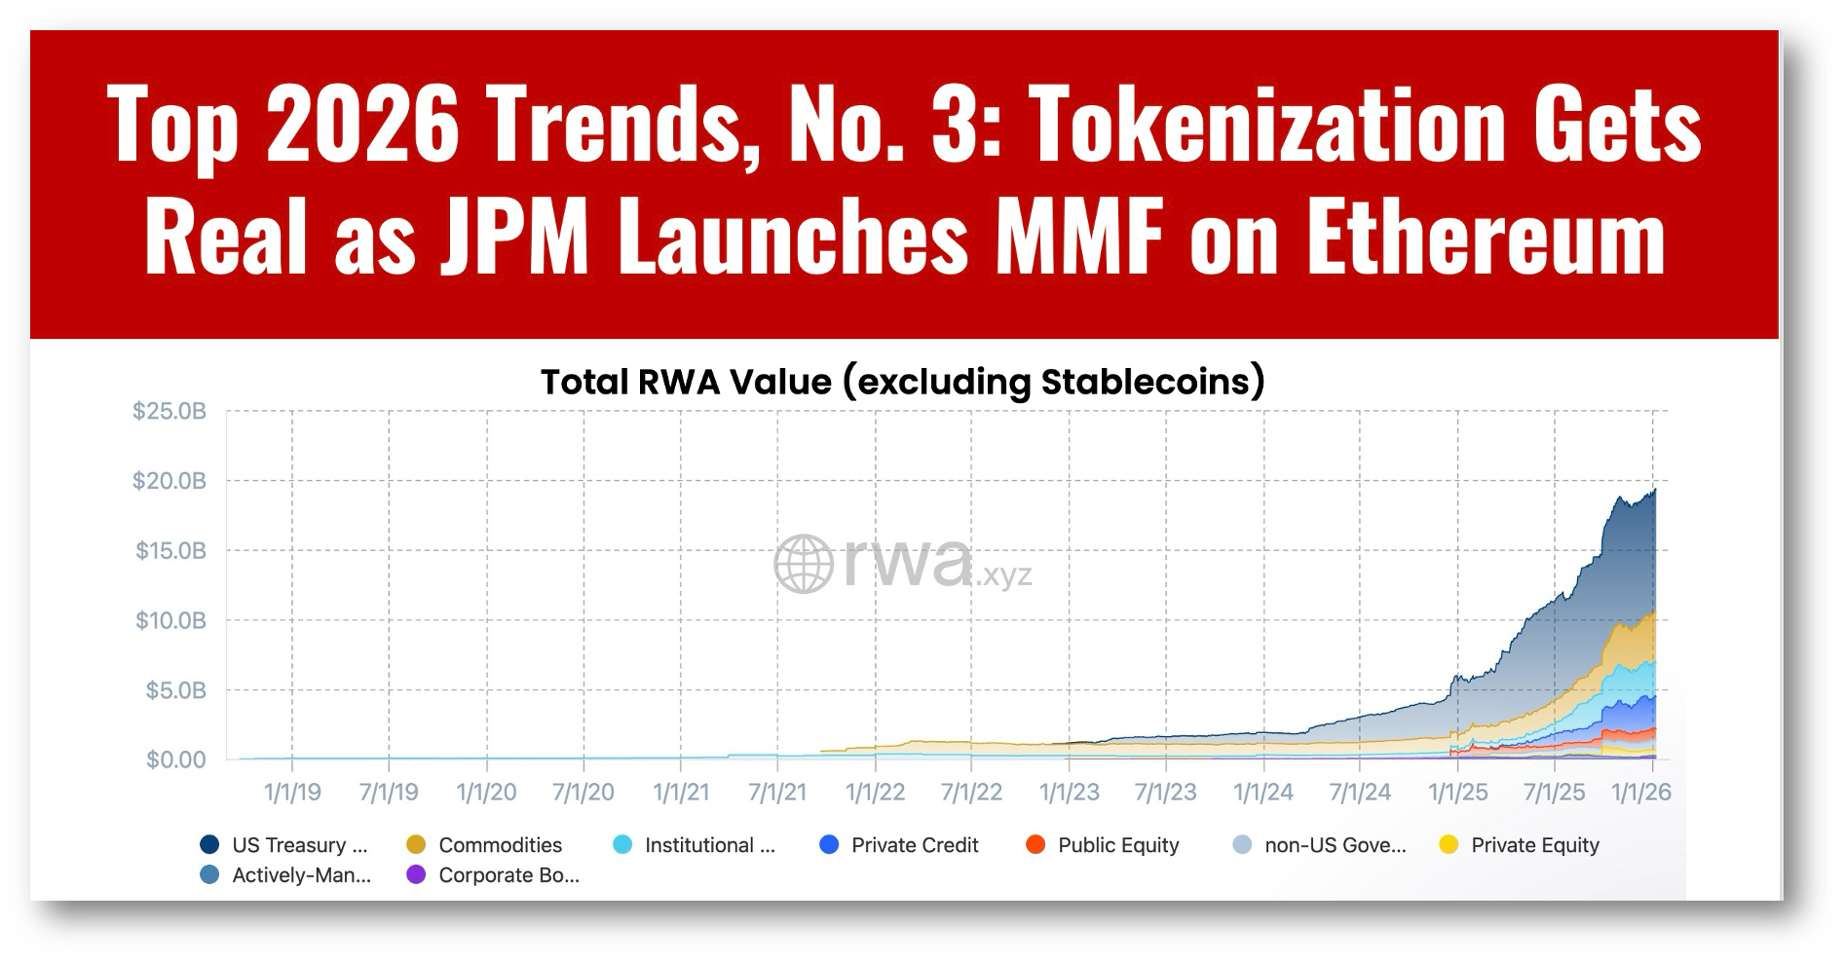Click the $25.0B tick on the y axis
[169, 412]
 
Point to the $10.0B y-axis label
[170, 620]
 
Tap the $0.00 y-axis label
[176, 759]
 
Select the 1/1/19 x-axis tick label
[292, 793]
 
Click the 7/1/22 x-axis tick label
[971, 793]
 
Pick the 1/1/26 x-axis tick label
[1641, 793]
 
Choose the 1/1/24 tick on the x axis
[1263, 793]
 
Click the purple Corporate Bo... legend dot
[416, 874]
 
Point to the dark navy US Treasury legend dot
[209, 844]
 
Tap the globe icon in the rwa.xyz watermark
[804, 564]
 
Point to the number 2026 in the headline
[361, 125]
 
